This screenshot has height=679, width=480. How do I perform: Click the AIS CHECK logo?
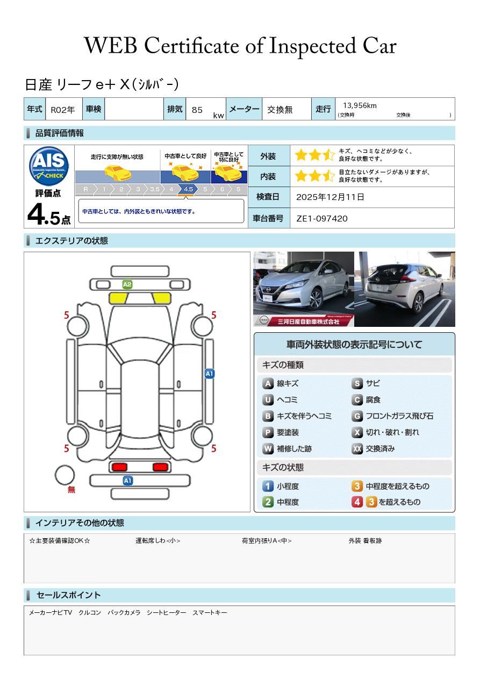[49, 166]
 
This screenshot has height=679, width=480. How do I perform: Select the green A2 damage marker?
[127, 284]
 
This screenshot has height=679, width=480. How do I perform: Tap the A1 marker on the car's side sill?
[210, 374]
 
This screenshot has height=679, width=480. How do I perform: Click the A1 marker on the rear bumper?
[127, 481]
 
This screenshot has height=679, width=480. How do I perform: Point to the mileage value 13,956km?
[360, 105]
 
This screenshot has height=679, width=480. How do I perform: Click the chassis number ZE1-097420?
[322, 218]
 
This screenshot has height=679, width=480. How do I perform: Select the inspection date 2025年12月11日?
[330, 197]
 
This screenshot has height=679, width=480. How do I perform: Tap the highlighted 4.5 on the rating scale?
[188, 189]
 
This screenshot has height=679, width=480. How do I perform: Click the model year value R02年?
[63, 110]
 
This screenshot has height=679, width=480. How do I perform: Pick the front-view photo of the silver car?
[304, 289]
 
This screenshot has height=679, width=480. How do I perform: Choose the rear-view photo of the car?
[405, 289]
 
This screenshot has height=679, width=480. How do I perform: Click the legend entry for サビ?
[366, 383]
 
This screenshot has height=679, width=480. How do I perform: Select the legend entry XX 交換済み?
[373, 448]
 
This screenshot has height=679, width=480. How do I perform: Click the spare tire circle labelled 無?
[65, 475]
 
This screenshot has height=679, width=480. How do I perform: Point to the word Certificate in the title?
[191, 46]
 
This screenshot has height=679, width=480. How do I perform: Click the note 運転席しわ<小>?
[157, 540]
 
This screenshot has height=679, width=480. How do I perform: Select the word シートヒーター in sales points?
[167, 612]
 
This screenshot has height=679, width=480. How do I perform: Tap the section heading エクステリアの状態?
[71, 241]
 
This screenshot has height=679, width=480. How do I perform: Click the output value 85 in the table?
[197, 110]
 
